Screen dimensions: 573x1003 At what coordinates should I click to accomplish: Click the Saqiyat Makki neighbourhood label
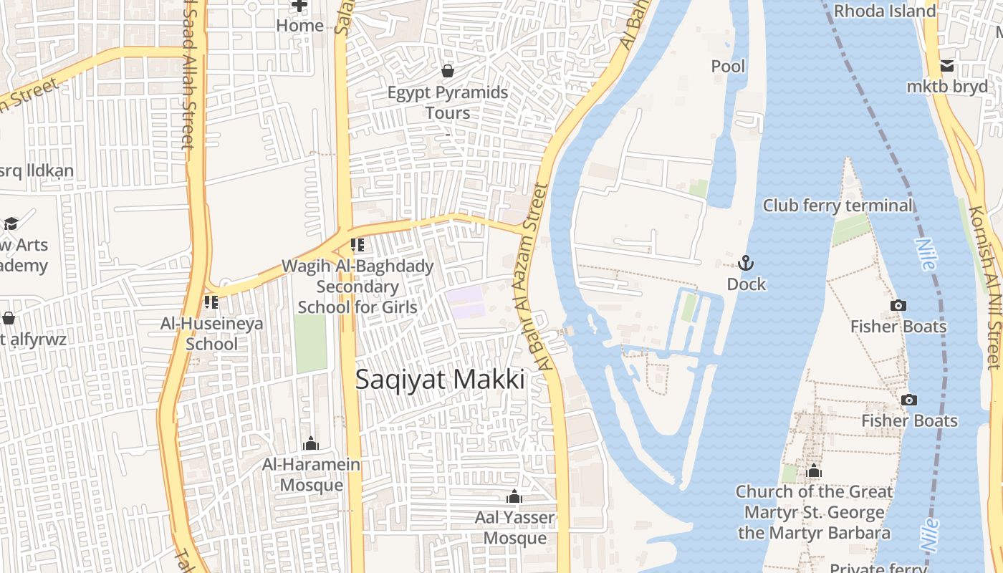click(440, 380)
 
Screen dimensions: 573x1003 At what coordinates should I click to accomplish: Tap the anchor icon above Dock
click(746, 263)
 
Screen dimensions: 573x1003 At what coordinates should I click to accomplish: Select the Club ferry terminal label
click(838, 206)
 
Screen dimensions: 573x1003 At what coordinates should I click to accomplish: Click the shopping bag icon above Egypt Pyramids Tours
click(448, 71)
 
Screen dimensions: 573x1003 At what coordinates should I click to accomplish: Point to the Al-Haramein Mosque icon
click(310, 444)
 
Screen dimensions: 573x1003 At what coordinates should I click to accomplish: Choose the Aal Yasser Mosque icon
click(514, 496)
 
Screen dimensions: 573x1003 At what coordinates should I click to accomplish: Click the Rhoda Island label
click(885, 11)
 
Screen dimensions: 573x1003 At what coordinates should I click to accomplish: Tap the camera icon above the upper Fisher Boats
click(898, 305)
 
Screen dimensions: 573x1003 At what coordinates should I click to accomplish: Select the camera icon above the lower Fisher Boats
click(908, 400)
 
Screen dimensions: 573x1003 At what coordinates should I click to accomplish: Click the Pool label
click(728, 67)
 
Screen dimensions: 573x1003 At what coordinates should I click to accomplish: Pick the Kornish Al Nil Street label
click(984, 286)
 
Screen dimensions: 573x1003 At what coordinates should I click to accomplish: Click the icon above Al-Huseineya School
click(211, 302)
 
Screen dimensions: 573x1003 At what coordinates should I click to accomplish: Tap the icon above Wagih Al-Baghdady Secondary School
click(357, 245)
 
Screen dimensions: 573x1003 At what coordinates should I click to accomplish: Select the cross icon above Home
click(299, 6)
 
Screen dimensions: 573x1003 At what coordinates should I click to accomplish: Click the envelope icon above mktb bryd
click(947, 66)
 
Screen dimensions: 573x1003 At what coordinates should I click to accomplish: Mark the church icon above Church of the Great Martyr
click(813, 471)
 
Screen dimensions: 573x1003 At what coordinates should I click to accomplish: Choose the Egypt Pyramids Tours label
click(448, 102)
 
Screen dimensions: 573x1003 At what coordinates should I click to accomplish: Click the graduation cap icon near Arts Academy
click(11, 223)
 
